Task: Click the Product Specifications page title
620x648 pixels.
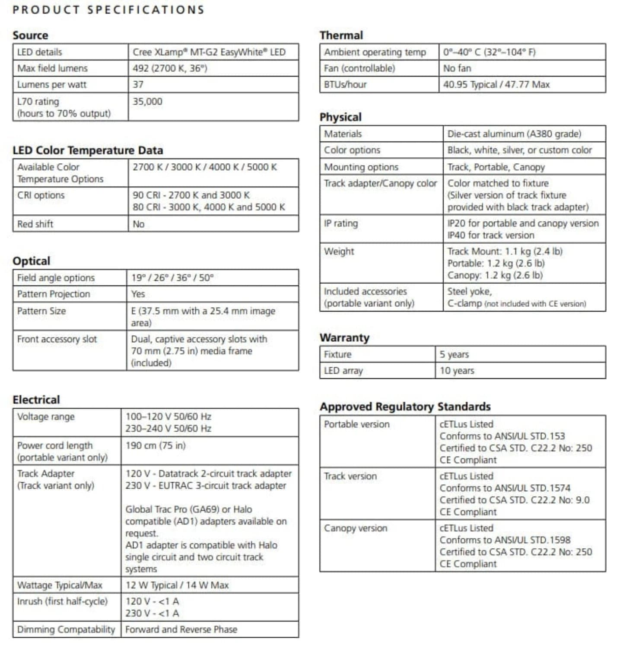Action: point(108,10)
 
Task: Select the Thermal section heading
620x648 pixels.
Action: point(341,35)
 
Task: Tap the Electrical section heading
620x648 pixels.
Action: point(36,400)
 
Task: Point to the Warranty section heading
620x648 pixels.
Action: point(344,338)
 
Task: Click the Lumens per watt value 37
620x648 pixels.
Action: point(138,85)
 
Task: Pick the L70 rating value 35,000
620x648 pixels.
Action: point(147,102)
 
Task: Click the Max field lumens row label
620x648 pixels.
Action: point(52,68)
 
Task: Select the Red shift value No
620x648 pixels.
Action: point(138,224)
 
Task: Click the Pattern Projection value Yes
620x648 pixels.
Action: point(138,294)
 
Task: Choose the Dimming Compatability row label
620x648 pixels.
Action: point(66,629)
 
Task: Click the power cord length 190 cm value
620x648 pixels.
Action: point(155,445)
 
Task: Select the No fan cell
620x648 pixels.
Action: point(457,68)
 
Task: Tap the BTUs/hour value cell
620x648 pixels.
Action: point(496,85)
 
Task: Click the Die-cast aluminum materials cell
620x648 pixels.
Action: point(514,134)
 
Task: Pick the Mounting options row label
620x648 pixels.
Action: point(361,167)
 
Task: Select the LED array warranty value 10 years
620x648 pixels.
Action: point(457,371)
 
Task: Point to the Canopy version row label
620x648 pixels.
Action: point(356,528)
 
